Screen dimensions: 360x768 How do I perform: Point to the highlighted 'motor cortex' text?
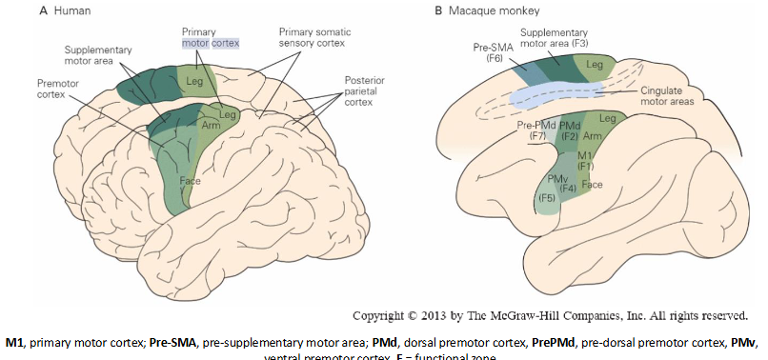click(212, 43)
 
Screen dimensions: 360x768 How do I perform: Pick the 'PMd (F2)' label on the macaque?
click(571, 130)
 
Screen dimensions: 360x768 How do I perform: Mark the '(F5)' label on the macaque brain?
click(547, 198)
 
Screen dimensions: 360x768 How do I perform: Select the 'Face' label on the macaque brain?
click(592, 184)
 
